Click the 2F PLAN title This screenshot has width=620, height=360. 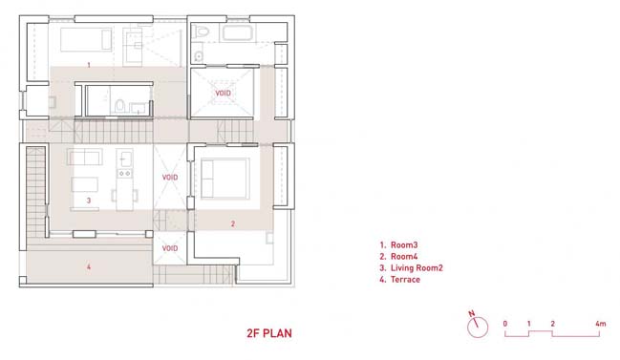tap(269, 333)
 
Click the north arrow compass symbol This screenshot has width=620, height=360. tap(478, 326)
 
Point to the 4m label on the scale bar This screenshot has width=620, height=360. tap(600, 324)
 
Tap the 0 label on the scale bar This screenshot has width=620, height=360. tap(505, 324)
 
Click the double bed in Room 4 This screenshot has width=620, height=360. tap(225, 179)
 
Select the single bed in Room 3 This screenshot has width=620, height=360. tap(86, 39)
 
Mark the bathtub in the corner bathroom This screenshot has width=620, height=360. tap(237, 32)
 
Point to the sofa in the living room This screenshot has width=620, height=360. tap(85, 157)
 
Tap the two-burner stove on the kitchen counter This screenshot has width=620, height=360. tap(125, 173)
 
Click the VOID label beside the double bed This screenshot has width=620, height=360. tap(170, 178)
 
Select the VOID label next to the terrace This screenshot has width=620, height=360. tap(170, 248)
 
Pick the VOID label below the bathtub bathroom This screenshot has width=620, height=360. tap(223, 94)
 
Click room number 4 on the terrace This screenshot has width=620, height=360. tap(89, 267)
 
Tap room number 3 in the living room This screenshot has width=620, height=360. tap(89, 201)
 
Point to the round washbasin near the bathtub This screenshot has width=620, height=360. tap(199, 57)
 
